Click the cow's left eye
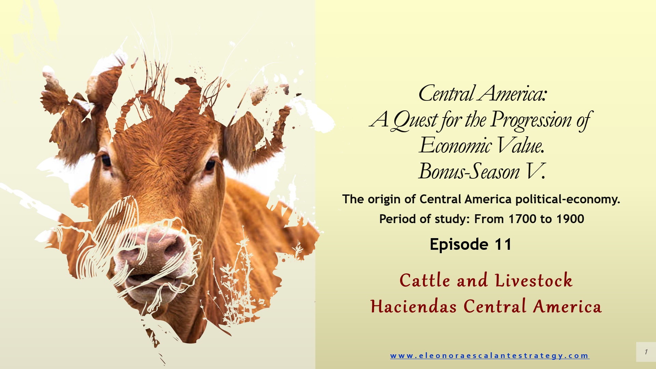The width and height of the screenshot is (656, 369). (106, 160)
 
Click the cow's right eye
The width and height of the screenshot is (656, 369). (210, 165)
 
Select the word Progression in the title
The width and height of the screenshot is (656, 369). (531, 120)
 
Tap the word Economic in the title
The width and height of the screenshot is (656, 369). (456, 145)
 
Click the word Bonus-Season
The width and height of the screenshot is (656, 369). (469, 171)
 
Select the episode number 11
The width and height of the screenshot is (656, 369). (503, 244)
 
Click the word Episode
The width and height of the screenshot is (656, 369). (459, 245)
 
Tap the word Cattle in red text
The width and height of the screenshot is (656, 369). (425, 281)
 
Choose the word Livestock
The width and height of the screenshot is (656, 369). (534, 281)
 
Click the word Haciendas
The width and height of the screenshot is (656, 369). (413, 306)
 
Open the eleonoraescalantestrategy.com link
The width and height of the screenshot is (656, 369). (490, 356)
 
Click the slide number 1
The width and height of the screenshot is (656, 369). (646, 352)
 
